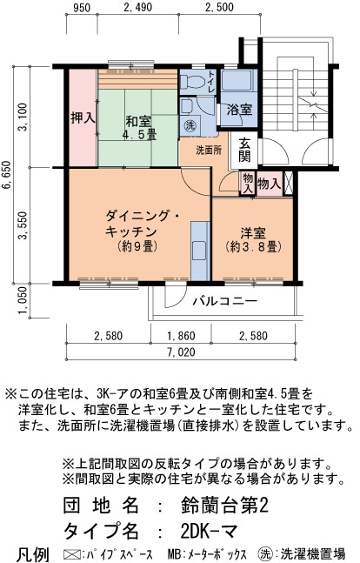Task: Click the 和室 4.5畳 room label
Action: click(138, 128)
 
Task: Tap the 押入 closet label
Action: click(83, 117)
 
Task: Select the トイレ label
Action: click(212, 81)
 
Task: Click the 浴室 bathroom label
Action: click(239, 110)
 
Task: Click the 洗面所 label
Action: click(209, 150)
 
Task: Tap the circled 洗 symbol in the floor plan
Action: click(190, 125)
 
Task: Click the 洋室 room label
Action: click(253, 240)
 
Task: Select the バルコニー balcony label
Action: click(225, 301)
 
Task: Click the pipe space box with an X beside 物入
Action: click(289, 183)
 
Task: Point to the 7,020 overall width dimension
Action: click(181, 352)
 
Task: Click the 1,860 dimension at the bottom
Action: click(181, 336)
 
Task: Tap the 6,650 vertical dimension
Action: click(7, 176)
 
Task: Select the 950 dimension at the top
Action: click(82, 7)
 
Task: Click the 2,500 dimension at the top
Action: click(219, 7)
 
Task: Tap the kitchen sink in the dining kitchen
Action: click(199, 251)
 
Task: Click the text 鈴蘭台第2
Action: click(224, 506)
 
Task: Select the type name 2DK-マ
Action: click(209, 531)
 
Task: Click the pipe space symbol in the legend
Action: click(70, 553)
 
